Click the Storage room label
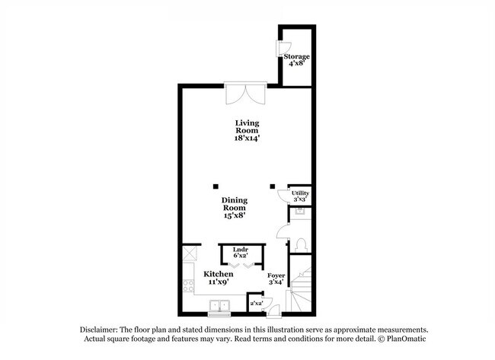pos(297,57)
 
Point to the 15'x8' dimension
pos(235,216)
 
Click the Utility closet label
pos(301,194)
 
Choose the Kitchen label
pos(217,273)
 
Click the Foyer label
pos(276,275)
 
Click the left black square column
pos(216,184)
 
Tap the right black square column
pos(273,184)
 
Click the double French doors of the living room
pos(245,95)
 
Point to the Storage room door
pos(279,48)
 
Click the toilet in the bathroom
pos(300,244)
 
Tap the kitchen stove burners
pos(187,288)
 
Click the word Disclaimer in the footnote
pos(101,329)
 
